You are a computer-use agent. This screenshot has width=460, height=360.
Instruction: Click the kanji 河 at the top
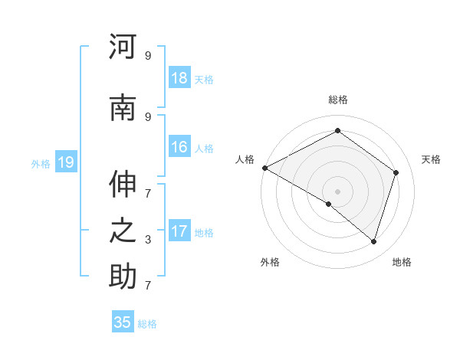click(123, 47)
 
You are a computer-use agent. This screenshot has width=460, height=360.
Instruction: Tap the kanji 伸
click(123, 184)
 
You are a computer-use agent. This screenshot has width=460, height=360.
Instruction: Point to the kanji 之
click(123, 231)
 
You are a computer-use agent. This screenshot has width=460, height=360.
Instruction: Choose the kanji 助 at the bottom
click(123, 277)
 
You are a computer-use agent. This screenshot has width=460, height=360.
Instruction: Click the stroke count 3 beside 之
click(148, 240)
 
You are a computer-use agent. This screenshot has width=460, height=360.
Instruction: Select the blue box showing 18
click(179, 78)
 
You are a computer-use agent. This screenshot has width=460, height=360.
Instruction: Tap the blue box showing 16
click(179, 148)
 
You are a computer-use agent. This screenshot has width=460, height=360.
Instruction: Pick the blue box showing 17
click(179, 231)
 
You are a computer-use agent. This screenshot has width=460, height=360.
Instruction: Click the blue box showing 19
click(66, 162)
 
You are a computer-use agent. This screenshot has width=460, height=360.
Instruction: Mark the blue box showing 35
click(123, 322)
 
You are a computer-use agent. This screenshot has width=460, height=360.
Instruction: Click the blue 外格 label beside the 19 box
click(41, 163)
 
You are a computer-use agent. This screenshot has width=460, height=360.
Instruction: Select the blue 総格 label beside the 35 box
click(147, 324)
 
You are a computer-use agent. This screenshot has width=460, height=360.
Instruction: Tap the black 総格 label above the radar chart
click(338, 100)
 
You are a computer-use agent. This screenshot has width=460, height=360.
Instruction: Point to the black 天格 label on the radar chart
click(432, 159)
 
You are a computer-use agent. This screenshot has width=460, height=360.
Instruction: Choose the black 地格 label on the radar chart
click(402, 262)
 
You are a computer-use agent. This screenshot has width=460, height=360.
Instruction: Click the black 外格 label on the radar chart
click(270, 262)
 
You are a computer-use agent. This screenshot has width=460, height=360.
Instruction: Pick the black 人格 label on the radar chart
click(245, 159)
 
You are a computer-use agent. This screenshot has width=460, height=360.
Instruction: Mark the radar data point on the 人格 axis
click(264, 168)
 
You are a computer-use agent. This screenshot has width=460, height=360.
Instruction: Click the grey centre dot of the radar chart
click(337, 191)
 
